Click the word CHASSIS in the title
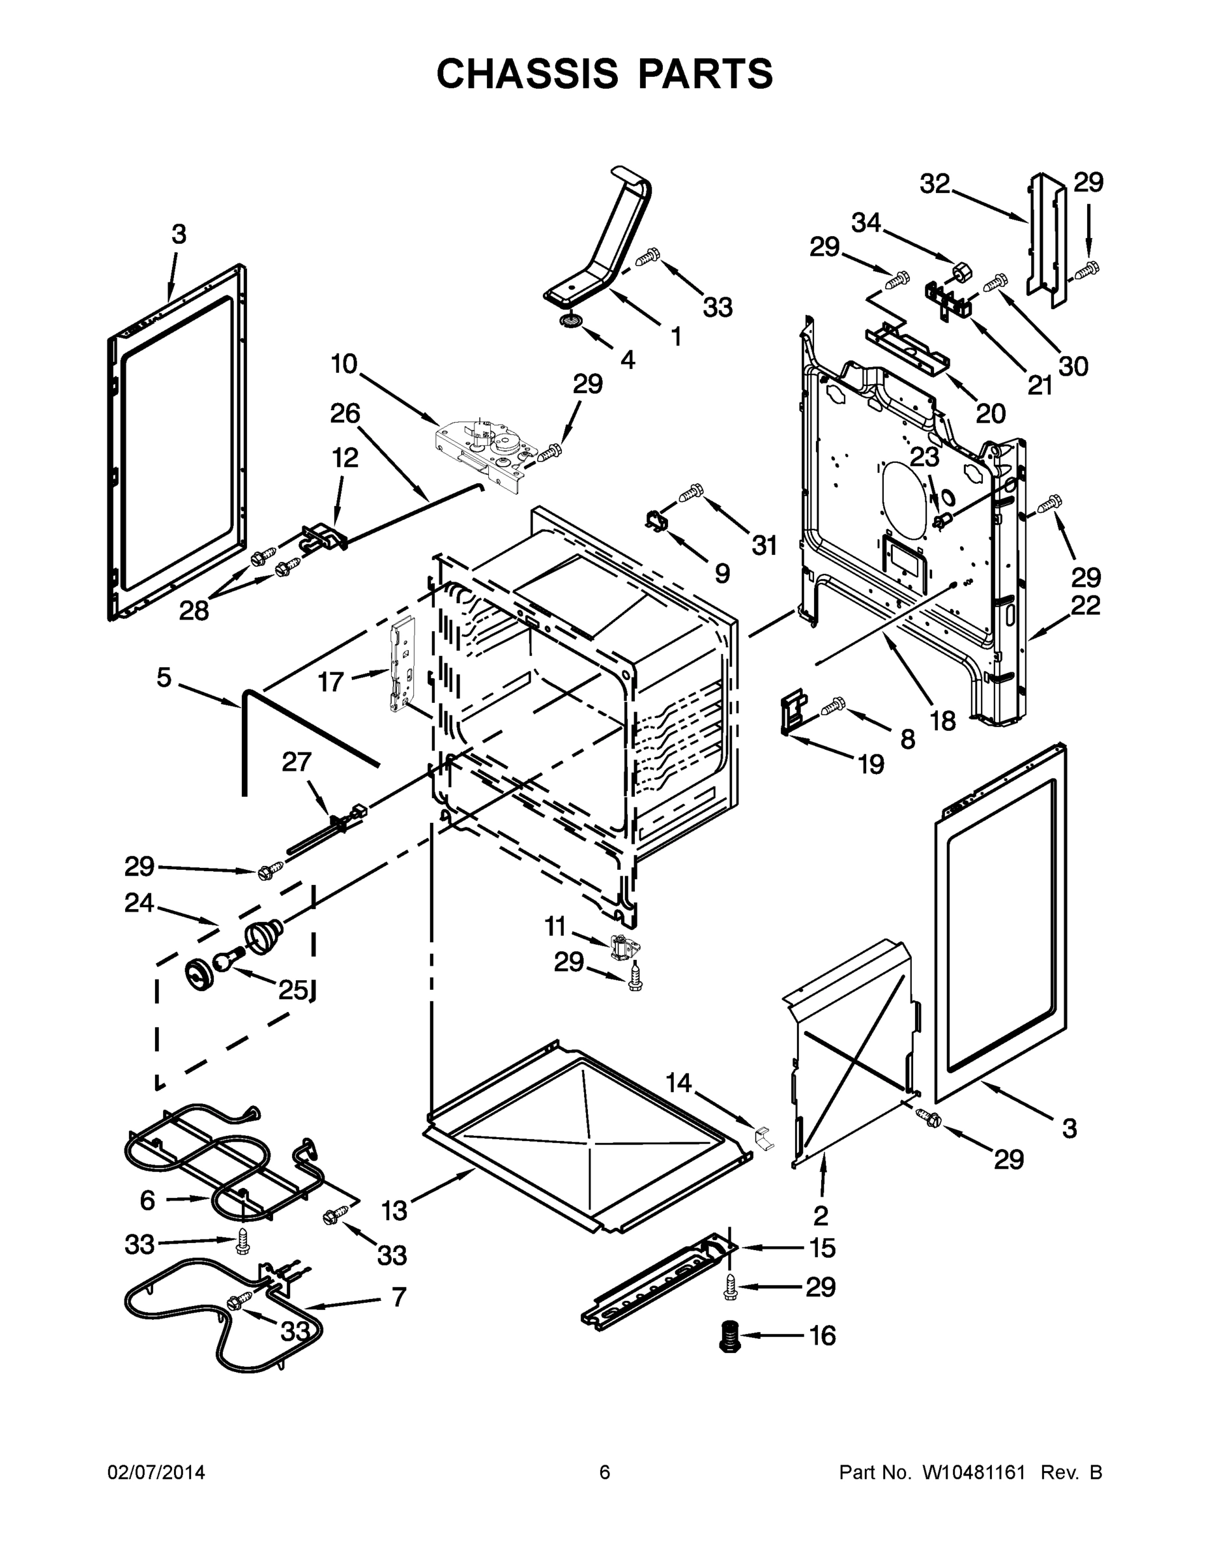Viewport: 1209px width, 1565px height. click(x=527, y=73)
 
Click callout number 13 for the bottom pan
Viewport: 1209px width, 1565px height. click(x=395, y=1210)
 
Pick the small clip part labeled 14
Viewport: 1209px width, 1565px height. click(x=765, y=1137)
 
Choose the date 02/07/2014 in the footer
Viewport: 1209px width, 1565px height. click(x=156, y=1472)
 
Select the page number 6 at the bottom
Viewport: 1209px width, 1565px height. click(x=605, y=1472)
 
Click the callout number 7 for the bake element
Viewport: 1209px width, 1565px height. click(x=398, y=1296)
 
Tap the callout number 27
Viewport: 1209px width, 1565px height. click(x=297, y=761)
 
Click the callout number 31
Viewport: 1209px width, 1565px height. click(x=765, y=545)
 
